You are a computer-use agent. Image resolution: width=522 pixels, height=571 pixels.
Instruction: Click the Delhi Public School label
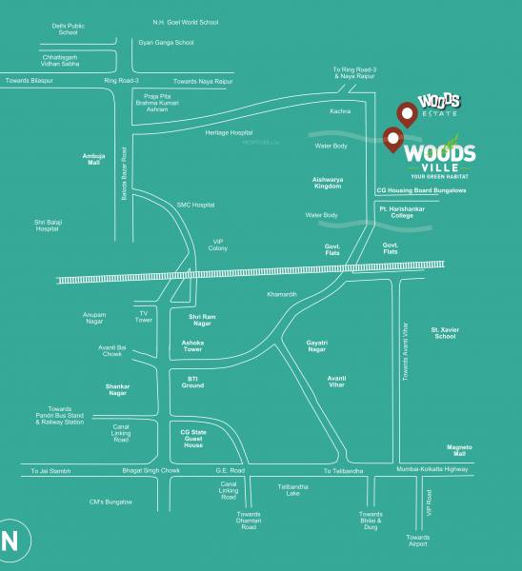tap(68, 28)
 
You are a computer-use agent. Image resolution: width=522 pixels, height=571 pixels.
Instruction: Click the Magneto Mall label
tap(460, 450)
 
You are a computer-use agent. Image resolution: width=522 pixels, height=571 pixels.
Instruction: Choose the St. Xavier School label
tap(445, 332)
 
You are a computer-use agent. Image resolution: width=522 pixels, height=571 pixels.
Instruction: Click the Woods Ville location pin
tap(391, 139)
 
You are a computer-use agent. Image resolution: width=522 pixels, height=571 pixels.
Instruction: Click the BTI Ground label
tap(192, 382)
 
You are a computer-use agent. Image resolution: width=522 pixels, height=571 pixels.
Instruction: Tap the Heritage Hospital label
tap(229, 132)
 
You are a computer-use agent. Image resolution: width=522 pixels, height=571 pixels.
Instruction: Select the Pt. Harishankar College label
tap(409, 211)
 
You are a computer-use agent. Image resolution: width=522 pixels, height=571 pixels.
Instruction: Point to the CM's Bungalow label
tap(110, 502)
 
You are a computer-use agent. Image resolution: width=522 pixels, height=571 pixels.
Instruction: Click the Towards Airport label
tap(417, 541)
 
